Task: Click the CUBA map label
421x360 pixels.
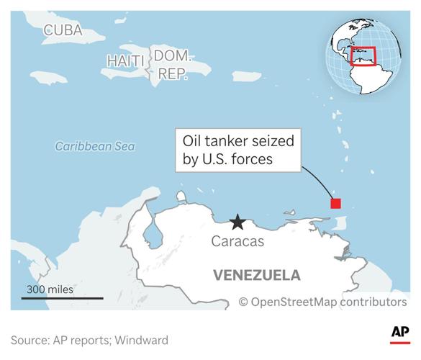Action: [63, 30]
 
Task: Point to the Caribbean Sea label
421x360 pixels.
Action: [95, 146]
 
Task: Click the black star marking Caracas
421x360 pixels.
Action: [237, 222]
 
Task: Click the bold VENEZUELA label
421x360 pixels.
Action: [256, 275]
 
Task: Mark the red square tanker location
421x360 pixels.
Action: [335, 203]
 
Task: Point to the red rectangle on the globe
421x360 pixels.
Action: [363, 56]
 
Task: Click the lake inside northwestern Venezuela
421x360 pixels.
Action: [151, 234]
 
